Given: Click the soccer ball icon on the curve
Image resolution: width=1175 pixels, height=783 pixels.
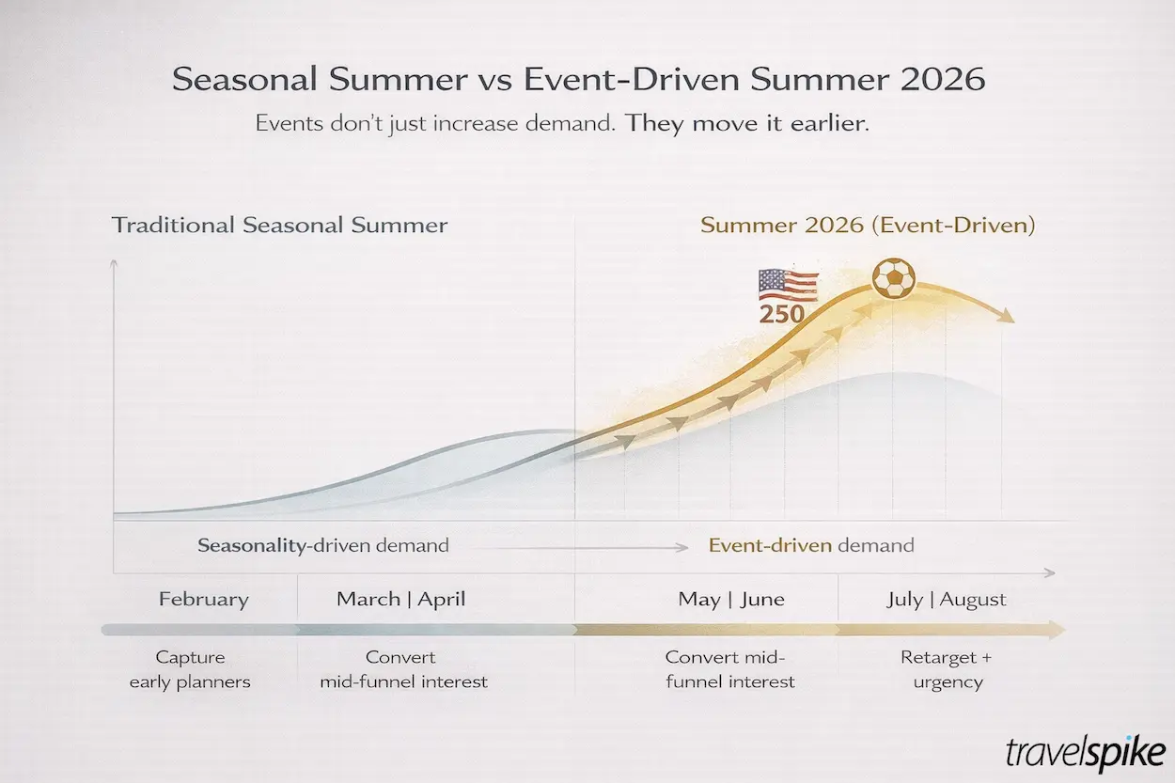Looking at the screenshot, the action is pyautogui.click(x=894, y=278).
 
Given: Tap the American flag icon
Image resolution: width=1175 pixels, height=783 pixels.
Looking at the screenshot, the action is pyautogui.click(x=789, y=286).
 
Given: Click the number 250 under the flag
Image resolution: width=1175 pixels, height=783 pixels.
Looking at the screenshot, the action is pyautogui.click(x=781, y=314).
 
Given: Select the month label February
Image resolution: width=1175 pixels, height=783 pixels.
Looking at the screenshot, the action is pyautogui.click(x=204, y=600).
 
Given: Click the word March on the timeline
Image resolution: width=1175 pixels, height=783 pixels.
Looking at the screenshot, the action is pyautogui.click(x=368, y=599).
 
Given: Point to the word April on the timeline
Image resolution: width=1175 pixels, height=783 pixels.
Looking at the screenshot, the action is pyautogui.click(x=442, y=600).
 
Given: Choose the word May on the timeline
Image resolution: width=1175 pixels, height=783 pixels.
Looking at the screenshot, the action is pyautogui.click(x=699, y=600).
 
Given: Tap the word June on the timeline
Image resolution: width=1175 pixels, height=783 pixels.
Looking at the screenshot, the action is pyautogui.click(x=762, y=599).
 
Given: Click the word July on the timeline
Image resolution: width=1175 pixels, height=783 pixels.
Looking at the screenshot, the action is pyautogui.click(x=905, y=600).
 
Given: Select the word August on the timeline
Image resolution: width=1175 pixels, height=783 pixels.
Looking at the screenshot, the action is pyautogui.click(x=973, y=600).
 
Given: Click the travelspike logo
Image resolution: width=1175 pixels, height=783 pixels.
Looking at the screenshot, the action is pyautogui.click(x=1086, y=753).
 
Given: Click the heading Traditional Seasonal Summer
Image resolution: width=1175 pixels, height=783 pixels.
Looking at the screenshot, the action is pyautogui.click(x=279, y=226).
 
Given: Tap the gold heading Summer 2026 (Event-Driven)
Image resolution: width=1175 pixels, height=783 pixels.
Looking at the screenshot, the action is pyautogui.click(x=869, y=226).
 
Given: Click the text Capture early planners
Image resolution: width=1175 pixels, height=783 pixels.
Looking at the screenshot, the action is pyautogui.click(x=190, y=669).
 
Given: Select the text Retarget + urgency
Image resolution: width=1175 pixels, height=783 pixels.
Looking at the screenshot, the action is pyautogui.click(x=947, y=669).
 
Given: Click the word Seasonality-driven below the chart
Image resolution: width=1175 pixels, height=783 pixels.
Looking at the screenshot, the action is pyautogui.click(x=252, y=546).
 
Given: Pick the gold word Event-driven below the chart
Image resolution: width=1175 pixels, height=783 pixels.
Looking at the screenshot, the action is pyautogui.click(x=770, y=545).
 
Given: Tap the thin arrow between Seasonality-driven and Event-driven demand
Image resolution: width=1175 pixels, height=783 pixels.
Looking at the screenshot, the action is pyautogui.click(x=580, y=547).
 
